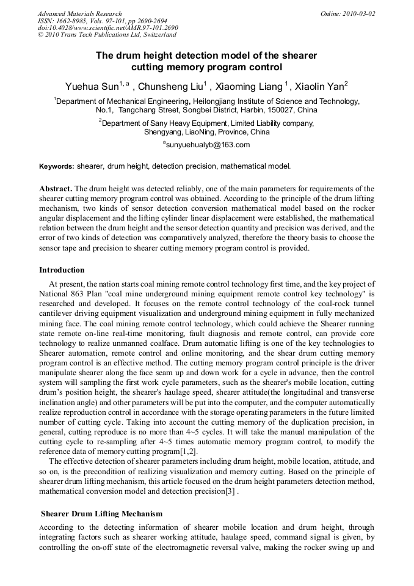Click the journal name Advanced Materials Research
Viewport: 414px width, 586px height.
click(x=79, y=13)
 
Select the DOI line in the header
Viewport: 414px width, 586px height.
click(x=107, y=28)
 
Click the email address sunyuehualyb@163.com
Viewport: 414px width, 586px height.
click(x=208, y=145)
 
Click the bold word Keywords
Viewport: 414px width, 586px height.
click(x=57, y=166)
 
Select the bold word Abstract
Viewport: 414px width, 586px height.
click(x=56, y=189)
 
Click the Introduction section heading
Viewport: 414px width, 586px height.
click(x=62, y=270)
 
